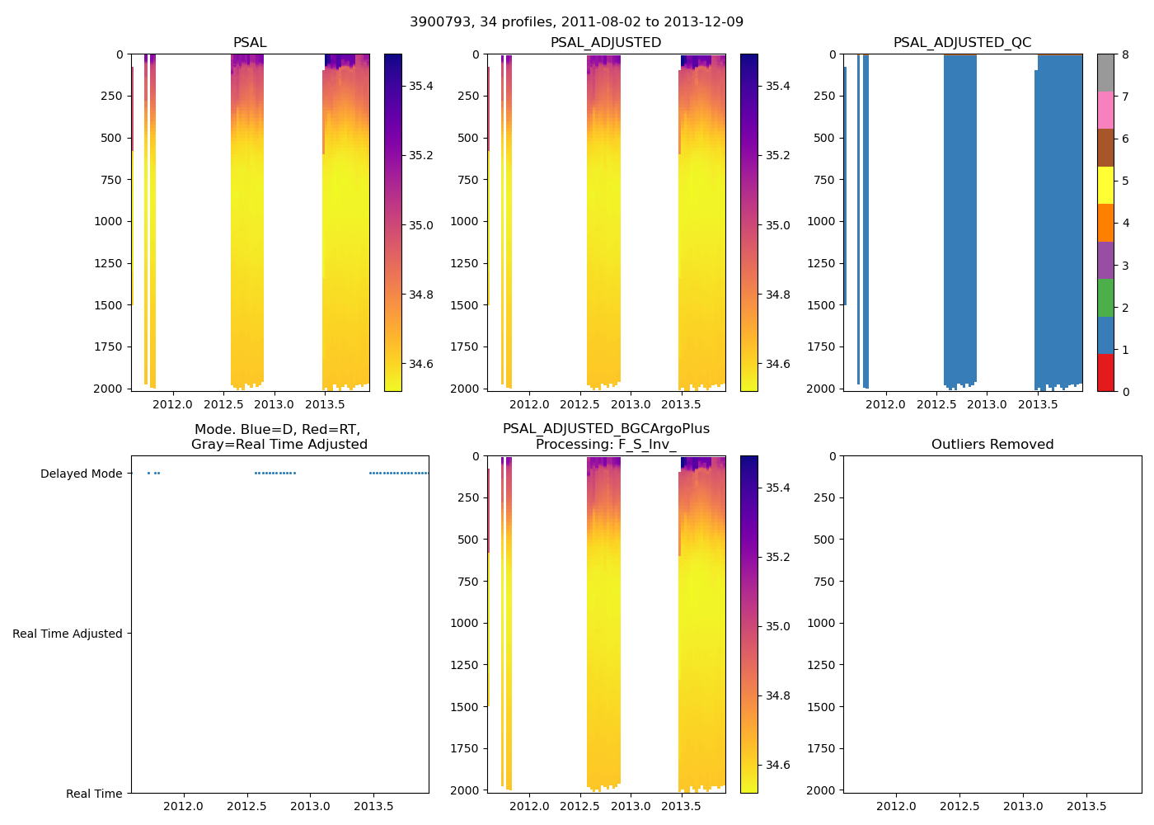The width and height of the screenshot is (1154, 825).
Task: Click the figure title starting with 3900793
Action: (576, 22)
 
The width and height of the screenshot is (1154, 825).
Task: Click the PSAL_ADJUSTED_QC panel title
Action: (962, 43)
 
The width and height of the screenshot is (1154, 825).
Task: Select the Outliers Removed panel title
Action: (992, 445)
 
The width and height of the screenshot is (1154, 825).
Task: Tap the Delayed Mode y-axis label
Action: (81, 474)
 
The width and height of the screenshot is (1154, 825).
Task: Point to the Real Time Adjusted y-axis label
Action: (68, 634)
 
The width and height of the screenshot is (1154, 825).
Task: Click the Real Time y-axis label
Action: (94, 794)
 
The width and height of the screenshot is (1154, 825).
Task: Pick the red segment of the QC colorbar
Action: (1105, 373)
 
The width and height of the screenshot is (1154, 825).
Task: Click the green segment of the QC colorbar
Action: (1105, 298)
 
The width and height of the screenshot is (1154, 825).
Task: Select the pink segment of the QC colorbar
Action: (1105, 111)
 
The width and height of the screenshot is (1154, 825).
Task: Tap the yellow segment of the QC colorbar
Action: (1105, 186)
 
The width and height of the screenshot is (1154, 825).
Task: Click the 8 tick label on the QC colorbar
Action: (1125, 54)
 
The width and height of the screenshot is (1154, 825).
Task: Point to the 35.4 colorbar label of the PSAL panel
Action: (421, 86)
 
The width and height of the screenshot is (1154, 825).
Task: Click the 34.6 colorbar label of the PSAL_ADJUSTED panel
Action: (777, 364)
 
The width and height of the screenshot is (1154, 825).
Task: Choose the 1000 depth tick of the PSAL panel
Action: (108, 221)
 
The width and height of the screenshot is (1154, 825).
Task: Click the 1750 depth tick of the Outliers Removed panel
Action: (820, 748)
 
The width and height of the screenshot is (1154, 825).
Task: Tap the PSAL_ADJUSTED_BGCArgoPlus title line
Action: (606, 429)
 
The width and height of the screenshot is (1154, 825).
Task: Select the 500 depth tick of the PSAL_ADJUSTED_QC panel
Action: (823, 138)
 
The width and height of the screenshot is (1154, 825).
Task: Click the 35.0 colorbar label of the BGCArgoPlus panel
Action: (777, 626)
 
